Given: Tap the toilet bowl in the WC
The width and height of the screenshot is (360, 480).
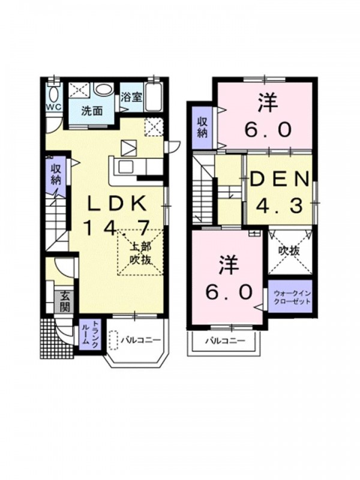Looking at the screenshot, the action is coord(54,94).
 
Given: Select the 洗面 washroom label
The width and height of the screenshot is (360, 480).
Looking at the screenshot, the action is coord(92,111).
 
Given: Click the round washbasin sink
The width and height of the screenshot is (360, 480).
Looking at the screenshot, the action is coord(104,89).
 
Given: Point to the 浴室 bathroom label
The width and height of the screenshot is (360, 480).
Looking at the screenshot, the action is coord(131,97).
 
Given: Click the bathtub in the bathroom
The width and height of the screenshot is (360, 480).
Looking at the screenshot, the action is coord(154,97).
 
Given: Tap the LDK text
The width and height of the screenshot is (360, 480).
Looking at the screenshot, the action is coord(117,203).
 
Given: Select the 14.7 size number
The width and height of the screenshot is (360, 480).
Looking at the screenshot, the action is coord(117,228).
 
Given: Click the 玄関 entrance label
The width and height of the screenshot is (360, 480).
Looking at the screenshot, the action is coord(65,301).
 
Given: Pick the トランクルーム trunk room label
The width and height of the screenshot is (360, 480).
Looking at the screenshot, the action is coord(89,334).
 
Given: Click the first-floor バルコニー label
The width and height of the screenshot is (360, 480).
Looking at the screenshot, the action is coord(140,340).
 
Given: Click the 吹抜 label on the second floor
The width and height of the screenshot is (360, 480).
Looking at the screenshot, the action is coord(289,251).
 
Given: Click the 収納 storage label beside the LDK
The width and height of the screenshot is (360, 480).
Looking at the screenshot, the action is coord(56,175).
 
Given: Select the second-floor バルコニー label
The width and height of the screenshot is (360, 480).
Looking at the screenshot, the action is coord(225,341).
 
